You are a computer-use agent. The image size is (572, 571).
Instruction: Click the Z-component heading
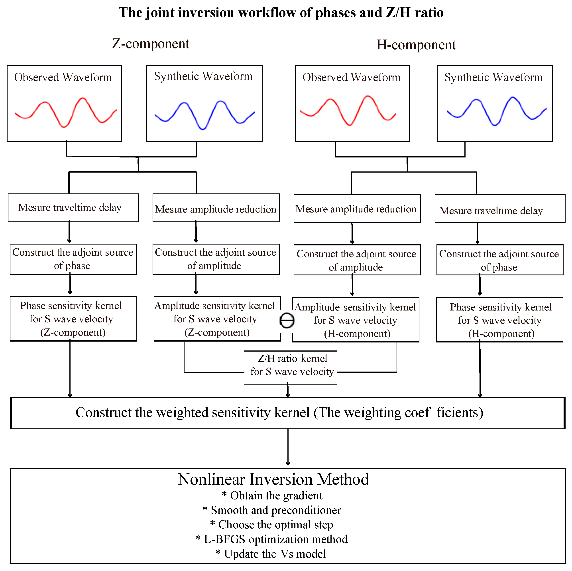click(x=150, y=44)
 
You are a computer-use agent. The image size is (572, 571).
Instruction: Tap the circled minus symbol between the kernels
click(x=287, y=320)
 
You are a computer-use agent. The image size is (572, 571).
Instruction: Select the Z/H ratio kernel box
click(x=290, y=367)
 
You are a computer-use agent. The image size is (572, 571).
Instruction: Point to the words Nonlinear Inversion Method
click(x=273, y=479)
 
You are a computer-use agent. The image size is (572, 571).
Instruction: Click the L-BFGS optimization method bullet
click(x=272, y=539)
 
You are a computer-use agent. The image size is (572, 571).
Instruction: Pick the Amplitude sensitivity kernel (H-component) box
click(x=356, y=320)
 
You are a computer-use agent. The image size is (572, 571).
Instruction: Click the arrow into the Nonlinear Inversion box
click(x=288, y=448)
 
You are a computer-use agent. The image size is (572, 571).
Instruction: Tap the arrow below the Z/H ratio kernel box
click(x=288, y=391)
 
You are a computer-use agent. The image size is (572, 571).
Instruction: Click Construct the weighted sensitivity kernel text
click(x=279, y=413)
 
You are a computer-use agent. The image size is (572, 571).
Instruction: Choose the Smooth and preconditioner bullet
click(x=272, y=510)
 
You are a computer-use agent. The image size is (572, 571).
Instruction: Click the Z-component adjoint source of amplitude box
click(x=216, y=259)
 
